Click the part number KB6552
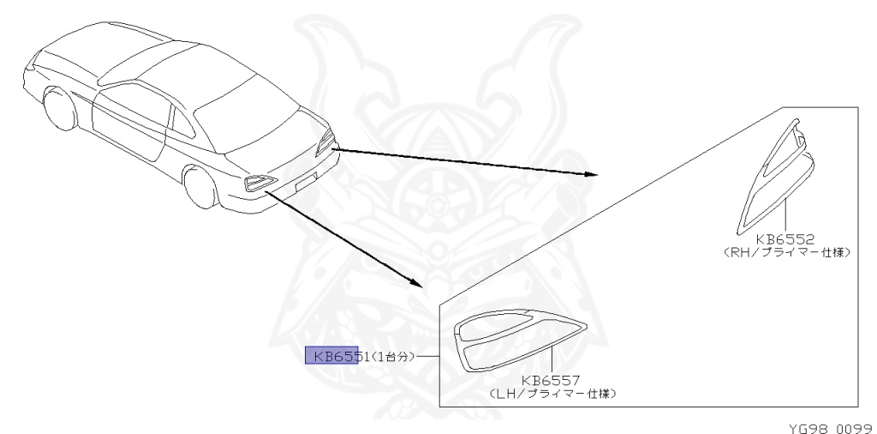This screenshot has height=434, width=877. tap(785, 241)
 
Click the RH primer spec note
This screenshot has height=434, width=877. tap(785, 253)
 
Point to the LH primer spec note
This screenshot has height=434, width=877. tap(552, 393)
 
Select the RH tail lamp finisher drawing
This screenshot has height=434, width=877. tap(775, 176)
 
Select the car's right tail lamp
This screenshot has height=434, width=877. tap(325, 142)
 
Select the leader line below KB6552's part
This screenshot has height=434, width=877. tap(784, 214)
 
